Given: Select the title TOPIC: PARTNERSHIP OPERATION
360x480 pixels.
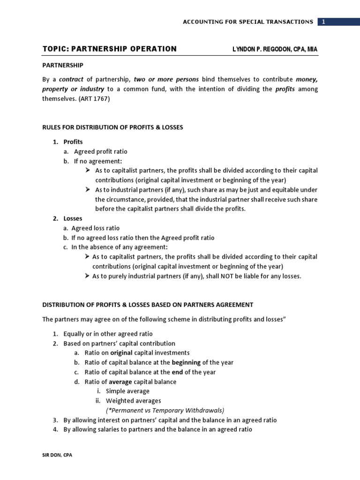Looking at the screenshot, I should (x=110, y=49).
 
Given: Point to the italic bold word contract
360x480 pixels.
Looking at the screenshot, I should (x=71, y=79).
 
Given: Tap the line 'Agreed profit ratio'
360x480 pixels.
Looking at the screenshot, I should (x=100, y=152).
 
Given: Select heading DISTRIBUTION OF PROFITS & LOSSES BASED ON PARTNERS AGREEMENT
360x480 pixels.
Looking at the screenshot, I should (x=148, y=304).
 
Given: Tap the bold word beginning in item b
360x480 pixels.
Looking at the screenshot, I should (x=186, y=362).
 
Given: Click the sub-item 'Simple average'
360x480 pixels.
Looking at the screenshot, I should (x=127, y=391).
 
